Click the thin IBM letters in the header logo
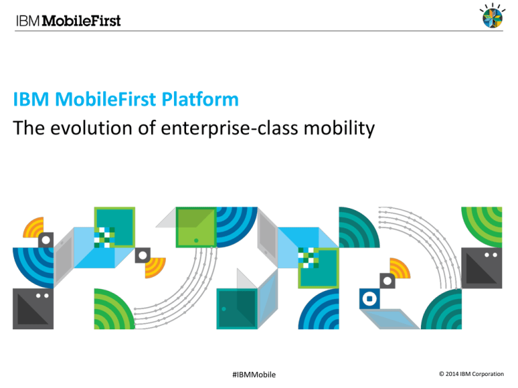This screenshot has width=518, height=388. pos(28,21)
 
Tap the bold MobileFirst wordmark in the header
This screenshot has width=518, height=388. pos(82,21)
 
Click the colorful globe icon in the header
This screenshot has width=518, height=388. pos(492,16)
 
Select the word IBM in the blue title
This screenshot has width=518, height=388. pos(31,99)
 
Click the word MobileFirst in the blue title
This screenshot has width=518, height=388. pos(105,99)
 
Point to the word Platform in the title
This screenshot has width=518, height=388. pos(200,99)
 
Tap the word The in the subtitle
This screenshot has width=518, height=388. pos(28,128)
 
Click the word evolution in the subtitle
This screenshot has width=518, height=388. pos(91,128)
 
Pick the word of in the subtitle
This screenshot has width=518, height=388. pos(146,128)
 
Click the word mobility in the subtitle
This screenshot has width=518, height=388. pos(339,129)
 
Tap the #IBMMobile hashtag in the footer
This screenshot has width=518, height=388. pos(254,375)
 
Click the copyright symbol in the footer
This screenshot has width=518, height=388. pos(441,374)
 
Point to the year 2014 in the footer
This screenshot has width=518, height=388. pos(452,374)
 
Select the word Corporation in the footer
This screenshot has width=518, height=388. pos(488,374)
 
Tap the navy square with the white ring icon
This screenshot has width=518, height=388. pos(370,299)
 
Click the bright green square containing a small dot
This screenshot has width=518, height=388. pos(196,227)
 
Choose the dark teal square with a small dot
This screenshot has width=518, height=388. pos(237,309)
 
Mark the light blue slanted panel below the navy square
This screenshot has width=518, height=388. pos(390,319)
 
